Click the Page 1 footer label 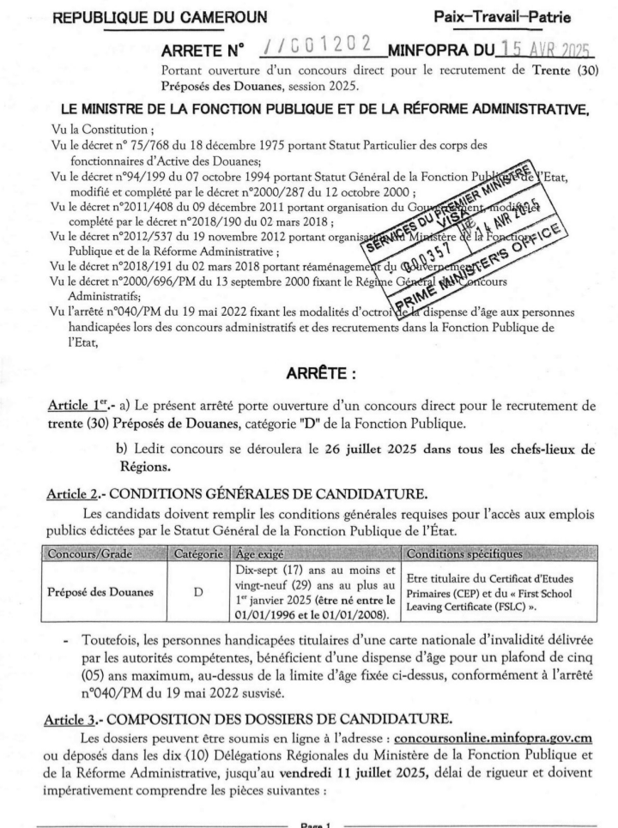(x=310, y=821)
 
